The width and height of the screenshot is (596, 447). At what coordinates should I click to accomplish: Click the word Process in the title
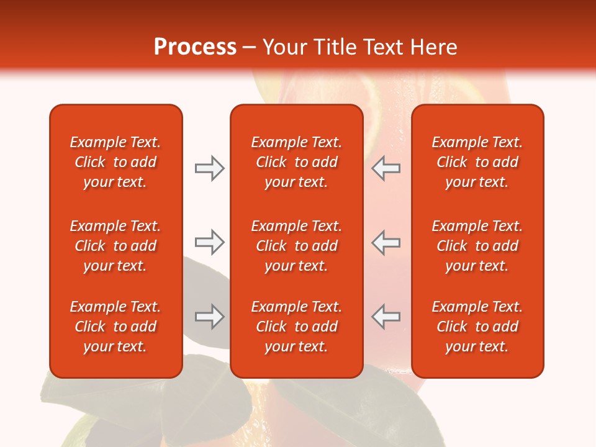pyautogui.click(x=195, y=47)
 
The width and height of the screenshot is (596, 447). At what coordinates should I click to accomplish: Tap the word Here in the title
pyautogui.click(x=433, y=47)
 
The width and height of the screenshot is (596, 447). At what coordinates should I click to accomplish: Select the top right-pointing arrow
pyautogui.click(x=209, y=168)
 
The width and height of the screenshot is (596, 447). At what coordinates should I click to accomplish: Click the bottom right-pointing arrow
pyautogui.click(x=209, y=317)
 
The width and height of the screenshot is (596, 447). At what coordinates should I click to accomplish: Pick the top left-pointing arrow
pyautogui.click(x=386, y=168)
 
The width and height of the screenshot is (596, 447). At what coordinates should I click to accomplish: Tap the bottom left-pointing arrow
pyautogui.click(x=386, y=317)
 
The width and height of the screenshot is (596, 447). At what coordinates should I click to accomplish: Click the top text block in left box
pyautogui.click(x=115, y=162)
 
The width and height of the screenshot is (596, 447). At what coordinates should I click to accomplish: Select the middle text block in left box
pyautogui.click(x=115, y=246)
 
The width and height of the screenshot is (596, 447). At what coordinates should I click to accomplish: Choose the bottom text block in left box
pyautogui.click(x=115, y=327)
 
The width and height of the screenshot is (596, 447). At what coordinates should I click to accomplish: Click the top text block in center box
pyautogui.click(x=296, y=162)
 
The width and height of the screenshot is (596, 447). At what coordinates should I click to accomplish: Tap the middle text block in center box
pyautogui.click(x=296, y=246)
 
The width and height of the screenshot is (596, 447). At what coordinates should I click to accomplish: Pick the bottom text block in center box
pyautogui.click(x=296, y=327)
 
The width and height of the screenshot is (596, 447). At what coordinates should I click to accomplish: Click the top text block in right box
pyautogui.click(x=477, y=162)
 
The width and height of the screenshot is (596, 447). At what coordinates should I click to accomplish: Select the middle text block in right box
pyautogui.click(x=477, y=246)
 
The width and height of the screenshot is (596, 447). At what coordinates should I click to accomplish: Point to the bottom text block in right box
pyautogui.click(x=477, y=327)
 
